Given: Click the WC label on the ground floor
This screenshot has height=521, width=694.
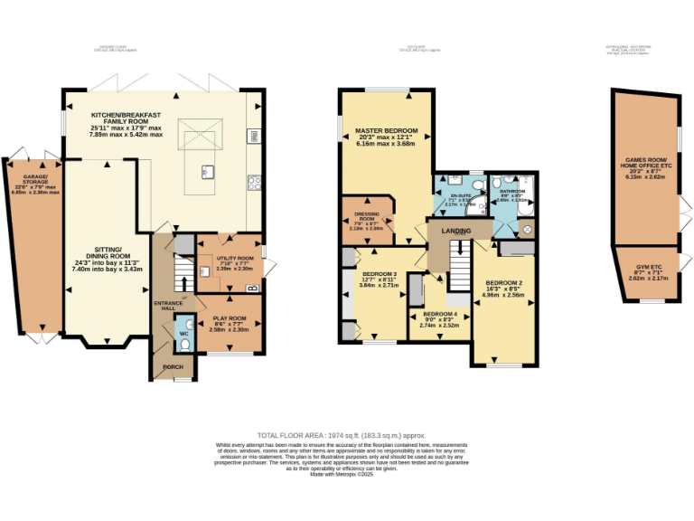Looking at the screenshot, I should tap(183, 334).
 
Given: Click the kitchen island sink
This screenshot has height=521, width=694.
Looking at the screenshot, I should tap(207, 171).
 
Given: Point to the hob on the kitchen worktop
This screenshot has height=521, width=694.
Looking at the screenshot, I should tap(254, 182).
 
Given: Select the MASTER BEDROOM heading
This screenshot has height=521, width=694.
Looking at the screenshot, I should tap(385, 131).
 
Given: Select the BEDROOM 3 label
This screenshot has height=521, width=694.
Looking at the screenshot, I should tap(380, 274).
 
